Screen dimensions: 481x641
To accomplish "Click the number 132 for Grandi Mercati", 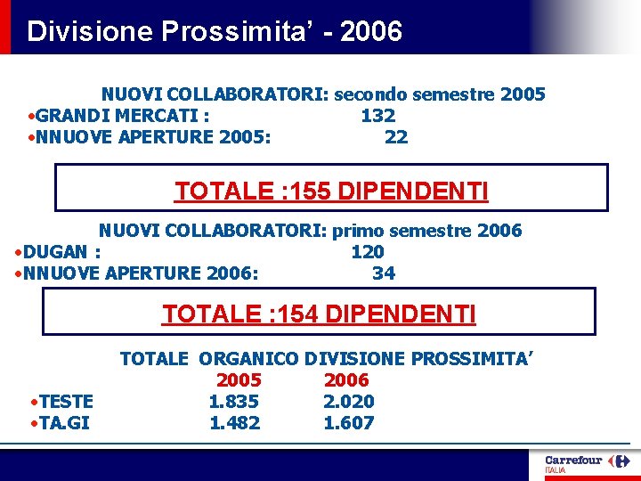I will (x=377, y=116).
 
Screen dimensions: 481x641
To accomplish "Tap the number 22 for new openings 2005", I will (x=396, y=137).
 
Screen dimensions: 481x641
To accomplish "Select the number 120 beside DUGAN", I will (x=368, y=252).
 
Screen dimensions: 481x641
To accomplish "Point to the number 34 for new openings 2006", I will (x=384, y=273).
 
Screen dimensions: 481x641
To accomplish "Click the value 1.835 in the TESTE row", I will (x=234, y=402).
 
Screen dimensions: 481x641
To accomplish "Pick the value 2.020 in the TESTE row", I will (x=348, y=402).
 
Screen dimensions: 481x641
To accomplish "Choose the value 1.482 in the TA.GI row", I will (x=234, y=423).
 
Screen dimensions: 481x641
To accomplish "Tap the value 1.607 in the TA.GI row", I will (x=348, y=423).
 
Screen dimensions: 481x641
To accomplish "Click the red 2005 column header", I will (x=239, y=380).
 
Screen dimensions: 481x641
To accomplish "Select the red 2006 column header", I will (x=346, y=380).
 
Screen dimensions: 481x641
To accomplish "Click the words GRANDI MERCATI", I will (x=119, y=116).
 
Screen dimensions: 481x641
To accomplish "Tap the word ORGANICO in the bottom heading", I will (x=249, y=359).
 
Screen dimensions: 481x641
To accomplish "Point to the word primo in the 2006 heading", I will (x=356, y=231).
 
